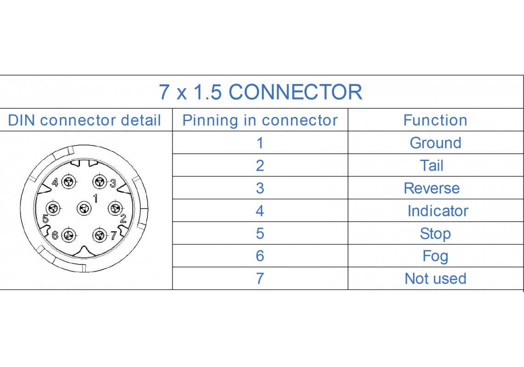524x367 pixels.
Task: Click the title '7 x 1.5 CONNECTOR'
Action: point(261,92)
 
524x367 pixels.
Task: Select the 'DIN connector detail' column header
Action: point(85,120)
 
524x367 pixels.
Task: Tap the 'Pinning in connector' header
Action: point(260,120)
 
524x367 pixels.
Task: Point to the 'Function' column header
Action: point(435,120)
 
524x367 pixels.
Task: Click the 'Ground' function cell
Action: point(435,143)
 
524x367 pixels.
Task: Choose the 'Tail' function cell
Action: point(432,165)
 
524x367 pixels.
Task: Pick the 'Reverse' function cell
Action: point(432,188)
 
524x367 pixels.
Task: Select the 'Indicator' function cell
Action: point(438,211)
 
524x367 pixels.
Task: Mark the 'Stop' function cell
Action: point(435,234)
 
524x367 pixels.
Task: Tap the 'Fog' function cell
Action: point(435,256)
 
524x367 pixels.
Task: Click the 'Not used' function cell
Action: point(435,278)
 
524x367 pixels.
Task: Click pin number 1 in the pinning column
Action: point(260,143)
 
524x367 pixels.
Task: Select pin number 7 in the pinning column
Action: point(260,278)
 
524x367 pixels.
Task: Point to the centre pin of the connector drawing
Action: point(84,209)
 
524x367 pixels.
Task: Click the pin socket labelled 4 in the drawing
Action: point(69,182)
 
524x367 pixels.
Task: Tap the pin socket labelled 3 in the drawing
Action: point(99,182)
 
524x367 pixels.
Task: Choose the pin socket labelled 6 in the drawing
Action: point(68,236)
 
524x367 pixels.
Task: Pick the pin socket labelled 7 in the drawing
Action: point(99,236)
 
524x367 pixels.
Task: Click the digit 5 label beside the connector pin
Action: point(46,219)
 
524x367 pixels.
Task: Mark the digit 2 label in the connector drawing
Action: point(123,219)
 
